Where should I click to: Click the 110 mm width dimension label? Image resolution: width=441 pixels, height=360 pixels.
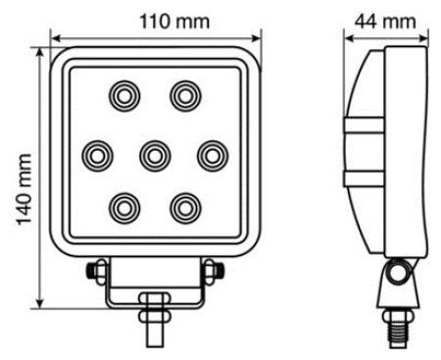pos(174,22)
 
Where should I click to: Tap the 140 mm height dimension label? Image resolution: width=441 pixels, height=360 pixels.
pos(24,189)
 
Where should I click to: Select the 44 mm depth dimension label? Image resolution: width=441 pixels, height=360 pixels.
pos(385,22)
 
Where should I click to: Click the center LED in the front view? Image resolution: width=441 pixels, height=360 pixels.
pos(155,156)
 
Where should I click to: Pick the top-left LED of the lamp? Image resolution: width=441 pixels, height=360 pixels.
pos(124,96)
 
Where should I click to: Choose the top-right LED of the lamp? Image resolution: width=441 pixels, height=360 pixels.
pos(185,96)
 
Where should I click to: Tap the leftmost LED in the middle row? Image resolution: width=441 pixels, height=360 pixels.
pos(97,156)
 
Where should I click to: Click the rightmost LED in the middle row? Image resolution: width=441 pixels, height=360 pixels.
pos(213,156)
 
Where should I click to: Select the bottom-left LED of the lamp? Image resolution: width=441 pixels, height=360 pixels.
pos(124,208)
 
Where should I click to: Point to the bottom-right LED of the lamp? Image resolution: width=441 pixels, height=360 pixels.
pos(185,208)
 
